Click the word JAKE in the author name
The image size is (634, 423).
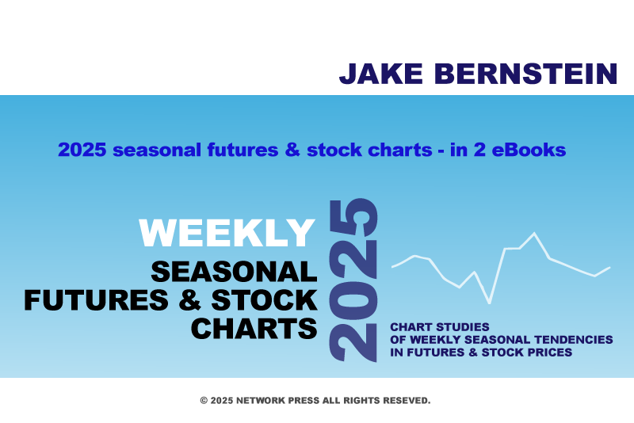tap(381, 74)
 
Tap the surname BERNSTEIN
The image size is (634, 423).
tap(525, 74)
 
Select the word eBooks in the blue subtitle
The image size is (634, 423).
tap(529, 150)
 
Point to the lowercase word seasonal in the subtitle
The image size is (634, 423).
tap(157, 150)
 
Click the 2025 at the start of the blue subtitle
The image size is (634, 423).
tap(82, 150)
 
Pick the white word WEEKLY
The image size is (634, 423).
tap(227, 233)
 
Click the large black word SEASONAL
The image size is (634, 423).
tap(234, 272)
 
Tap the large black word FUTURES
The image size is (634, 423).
tap(96, 300)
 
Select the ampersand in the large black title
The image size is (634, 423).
tap(189, 300)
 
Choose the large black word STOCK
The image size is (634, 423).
tap(264, 300)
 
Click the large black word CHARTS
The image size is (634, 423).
tap(254, 329)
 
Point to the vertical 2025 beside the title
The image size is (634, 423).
tap(353, 280)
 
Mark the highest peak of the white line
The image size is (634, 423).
tap(534, 233)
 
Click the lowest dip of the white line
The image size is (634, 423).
tap(490, 303)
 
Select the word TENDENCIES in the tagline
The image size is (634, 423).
tap(573, 340)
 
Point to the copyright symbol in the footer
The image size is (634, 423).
tap(204, 401)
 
